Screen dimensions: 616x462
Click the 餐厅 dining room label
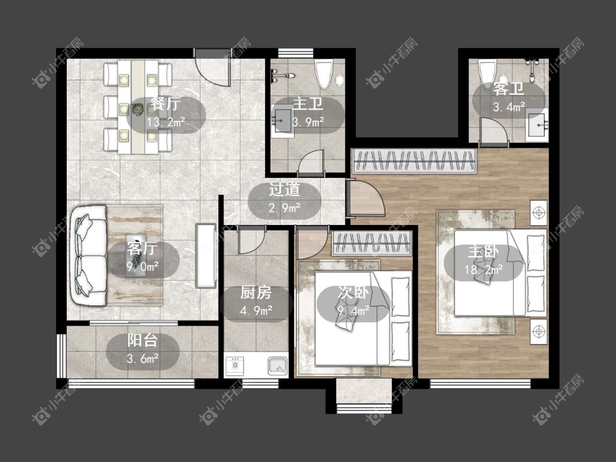[x=165, y=103]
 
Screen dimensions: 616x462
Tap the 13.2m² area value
[x=166, y=122]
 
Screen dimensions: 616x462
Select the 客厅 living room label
[x=142, y=249]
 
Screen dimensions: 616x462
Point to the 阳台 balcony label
[x=142, y=340]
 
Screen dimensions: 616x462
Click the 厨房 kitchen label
[x=256, y=293]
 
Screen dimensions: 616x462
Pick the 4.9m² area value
[x=256, y=311]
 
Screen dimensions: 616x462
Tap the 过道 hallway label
[x=284, y=189]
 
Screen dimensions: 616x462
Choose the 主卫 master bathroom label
[x=308, y=103]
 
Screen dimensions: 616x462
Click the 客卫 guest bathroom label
[x=509, y=89]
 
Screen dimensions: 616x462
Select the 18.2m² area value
[x=483, y=270]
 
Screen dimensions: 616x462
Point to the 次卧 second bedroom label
[x=354, y=292]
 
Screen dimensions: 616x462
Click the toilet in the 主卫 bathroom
[x=324, y=74]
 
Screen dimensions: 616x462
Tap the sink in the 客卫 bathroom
[x=537, y=125]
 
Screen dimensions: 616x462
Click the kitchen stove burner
[x=235, y=365]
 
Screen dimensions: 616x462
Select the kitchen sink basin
[x=278, y=366]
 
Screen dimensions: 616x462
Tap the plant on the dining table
[x=138, y=109]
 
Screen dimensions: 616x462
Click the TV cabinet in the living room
[x=206, y=256]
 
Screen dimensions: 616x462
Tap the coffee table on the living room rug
[x=136, y=256]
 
